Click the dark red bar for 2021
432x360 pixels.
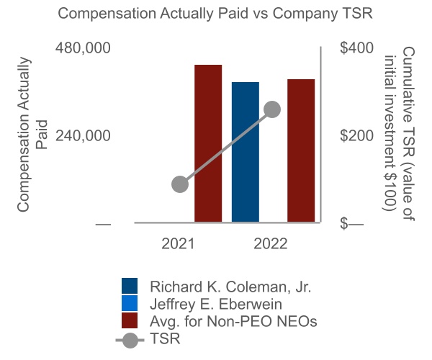click(x=208, y=144)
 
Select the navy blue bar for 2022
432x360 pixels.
click(x=246, y=153)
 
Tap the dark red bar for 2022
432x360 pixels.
click(x=301, y=151)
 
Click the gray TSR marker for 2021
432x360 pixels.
click(x=180, y=184)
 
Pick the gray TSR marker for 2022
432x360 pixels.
click(x=272, y=109)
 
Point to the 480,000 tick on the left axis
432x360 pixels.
click(x=83, y=48)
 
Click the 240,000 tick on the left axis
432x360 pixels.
click(x=83, y=136)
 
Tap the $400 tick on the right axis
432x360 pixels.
click(x=356, y=48)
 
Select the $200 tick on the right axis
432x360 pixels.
click(x=356, y=136)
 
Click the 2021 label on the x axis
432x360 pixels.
click(x=178, y=244)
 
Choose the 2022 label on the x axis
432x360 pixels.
click(x=271, y=244)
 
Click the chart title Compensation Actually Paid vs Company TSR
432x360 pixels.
click(x=216, y=14)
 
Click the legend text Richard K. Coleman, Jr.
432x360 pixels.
click(x=230, y=287)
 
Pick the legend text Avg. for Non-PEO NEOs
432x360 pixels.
click(x=233, y=321)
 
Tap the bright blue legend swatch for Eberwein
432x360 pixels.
click(x=131, y=304)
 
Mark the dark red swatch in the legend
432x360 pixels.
click(x=131, y=321)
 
